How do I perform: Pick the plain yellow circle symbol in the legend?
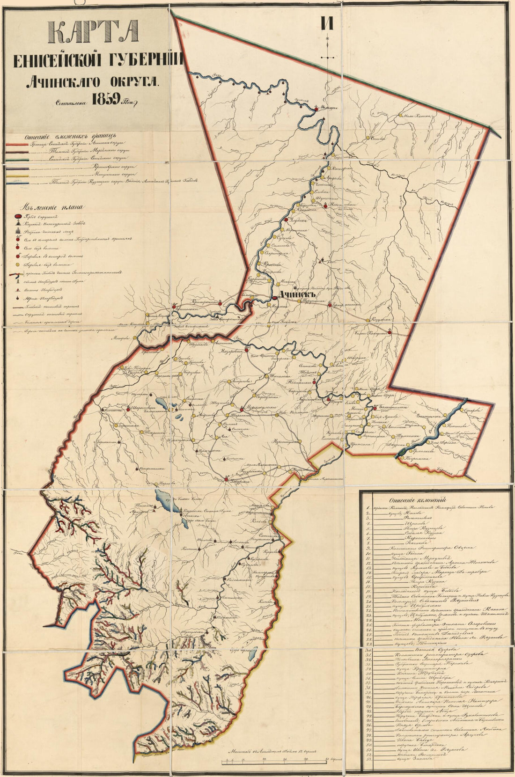pos(17,264)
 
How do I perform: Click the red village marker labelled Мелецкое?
pos(317,108)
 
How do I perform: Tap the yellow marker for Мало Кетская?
pos(399,115)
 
